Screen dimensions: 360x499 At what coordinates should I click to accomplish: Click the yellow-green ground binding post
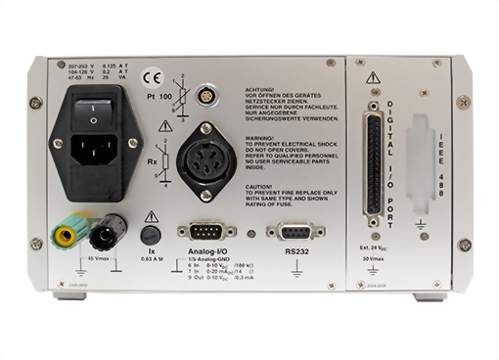click(69, 233)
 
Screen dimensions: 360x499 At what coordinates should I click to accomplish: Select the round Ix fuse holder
click(151, 235)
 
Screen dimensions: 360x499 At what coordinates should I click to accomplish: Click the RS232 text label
click(295, 251)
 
